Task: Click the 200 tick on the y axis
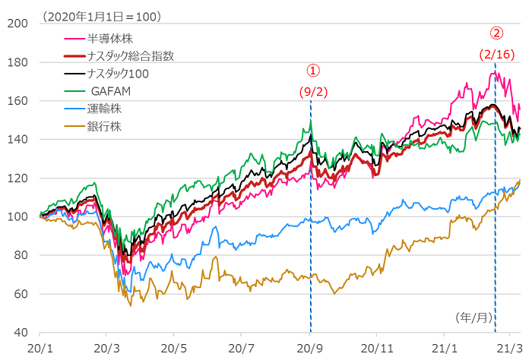(18, 24)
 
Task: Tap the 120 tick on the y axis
(18, 178)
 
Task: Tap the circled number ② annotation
(496, 33)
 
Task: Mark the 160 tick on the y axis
(18, 101)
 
